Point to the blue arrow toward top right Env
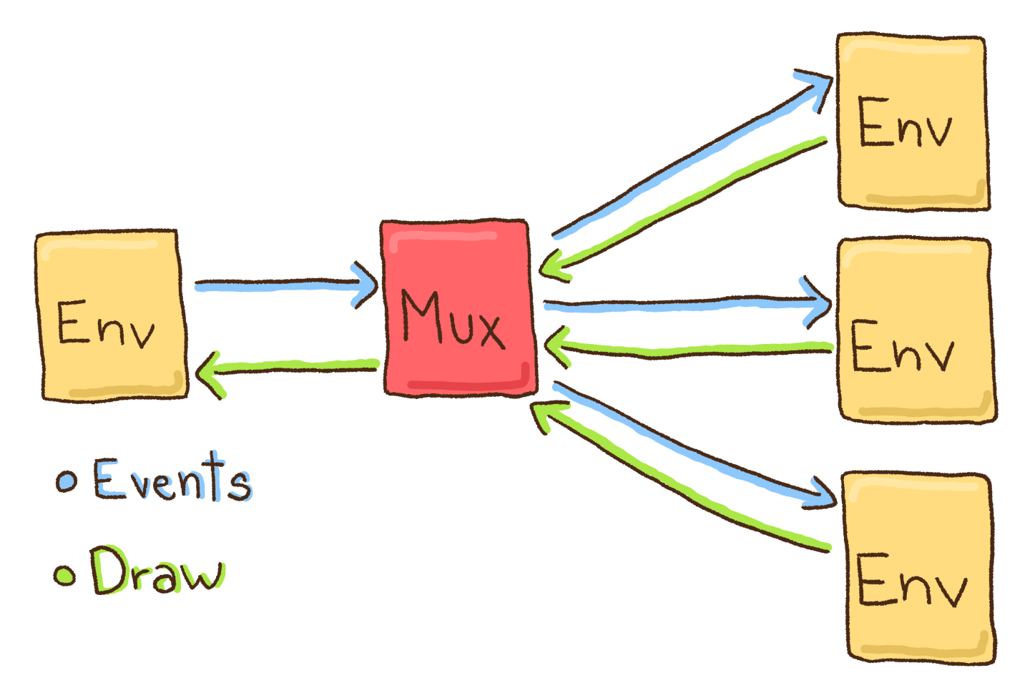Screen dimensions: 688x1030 tap(687, 161)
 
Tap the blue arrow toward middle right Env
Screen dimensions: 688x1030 tap(687, 306)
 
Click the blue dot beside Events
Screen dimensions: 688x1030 tap(67, 481)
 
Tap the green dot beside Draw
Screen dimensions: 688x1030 tap(65, 575)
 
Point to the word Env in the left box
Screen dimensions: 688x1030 tap(106, 324)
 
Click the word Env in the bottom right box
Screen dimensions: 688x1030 tap(911, 581)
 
